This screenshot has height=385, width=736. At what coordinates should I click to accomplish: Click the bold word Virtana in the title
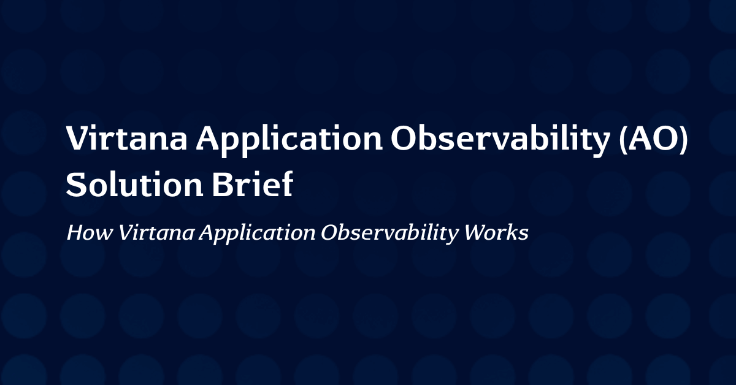coord(126,138)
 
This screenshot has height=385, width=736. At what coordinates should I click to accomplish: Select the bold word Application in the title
coord(289,141)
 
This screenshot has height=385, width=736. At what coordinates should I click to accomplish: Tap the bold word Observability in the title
coord(500,140)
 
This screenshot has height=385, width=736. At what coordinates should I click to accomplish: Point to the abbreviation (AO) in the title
coord(653,139)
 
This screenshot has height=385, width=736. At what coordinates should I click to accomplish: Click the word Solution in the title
coord(134,184)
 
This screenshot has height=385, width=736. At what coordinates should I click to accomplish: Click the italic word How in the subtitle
coord(90,232)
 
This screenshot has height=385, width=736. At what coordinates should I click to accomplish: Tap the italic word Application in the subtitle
coord(258,235)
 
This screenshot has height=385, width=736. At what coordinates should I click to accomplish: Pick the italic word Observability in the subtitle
coord(389,235)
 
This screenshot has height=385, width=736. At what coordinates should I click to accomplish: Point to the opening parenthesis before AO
coord(623,139)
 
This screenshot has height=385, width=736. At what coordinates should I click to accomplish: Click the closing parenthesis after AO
coord(684,139)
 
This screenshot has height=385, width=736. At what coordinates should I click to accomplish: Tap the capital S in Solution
coord(75,185)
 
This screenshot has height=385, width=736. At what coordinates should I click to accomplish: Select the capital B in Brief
coord(222,185)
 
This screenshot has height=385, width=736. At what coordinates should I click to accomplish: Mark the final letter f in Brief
coord(287,183)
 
